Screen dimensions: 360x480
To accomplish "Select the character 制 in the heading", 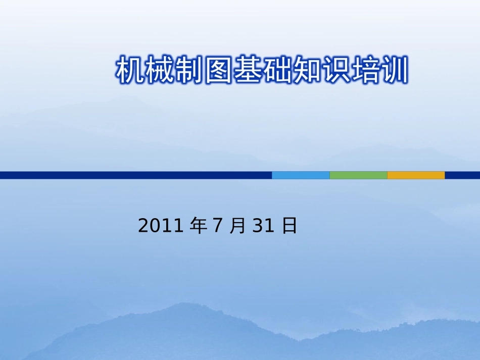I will [188, 71].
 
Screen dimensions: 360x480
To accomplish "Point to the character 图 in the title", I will [218, 71].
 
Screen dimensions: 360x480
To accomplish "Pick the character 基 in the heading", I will [247, 71].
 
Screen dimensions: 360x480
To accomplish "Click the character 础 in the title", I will [276, 71].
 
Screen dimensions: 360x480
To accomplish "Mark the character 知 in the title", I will [306, 71].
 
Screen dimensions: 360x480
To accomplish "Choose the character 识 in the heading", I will [335, 71].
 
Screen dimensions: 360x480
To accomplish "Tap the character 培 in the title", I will [364, 71].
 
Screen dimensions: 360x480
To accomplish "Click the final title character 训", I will [393, 71].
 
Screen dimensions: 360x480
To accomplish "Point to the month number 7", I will [217, 226].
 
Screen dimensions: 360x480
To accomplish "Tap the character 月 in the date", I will [236, 226].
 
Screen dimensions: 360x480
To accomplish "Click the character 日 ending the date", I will [289, 226].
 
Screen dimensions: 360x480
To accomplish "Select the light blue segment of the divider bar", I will [301, 175].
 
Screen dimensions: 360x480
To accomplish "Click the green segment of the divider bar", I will [358, 175].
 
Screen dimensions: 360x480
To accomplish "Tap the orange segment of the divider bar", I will [416, 175].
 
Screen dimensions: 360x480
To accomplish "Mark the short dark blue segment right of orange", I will [462, 175].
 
